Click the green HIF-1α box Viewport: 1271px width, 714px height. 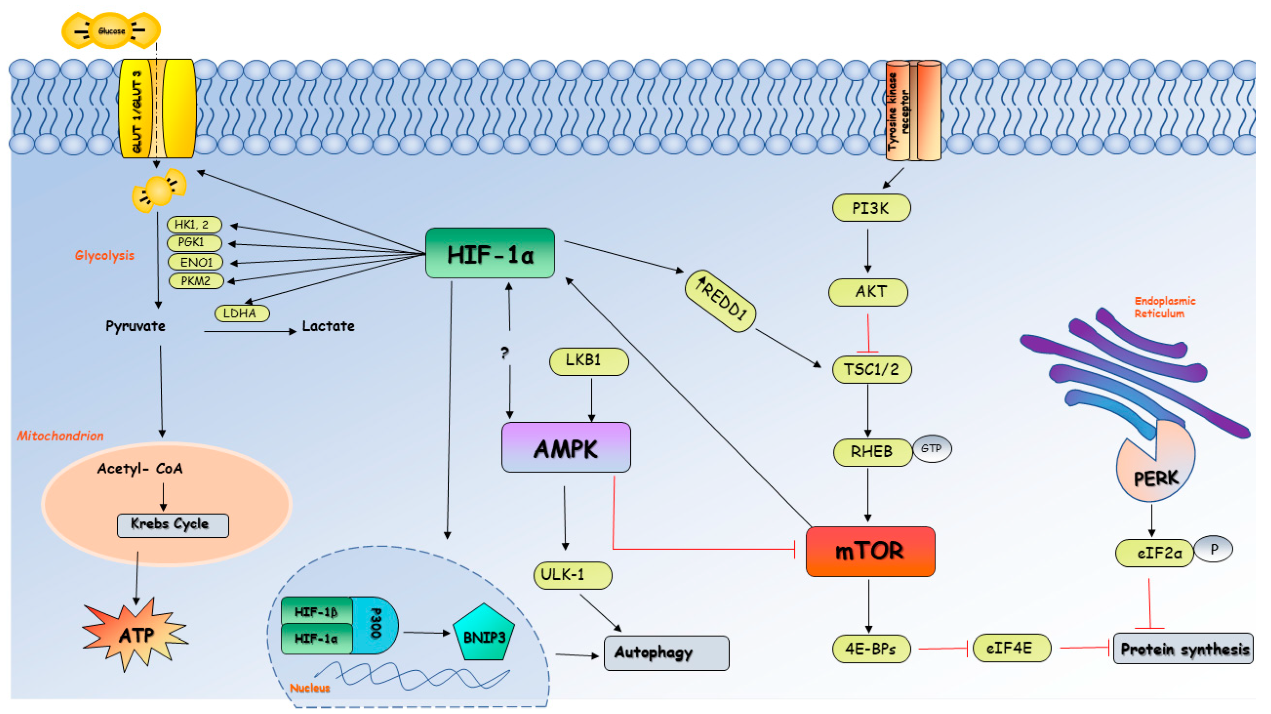point(490,253)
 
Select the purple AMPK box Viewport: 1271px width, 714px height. point(565,448)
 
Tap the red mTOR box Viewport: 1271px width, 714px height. point(870,551)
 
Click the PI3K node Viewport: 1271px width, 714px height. point(871,208)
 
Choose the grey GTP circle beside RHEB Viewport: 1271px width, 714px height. point(932,448)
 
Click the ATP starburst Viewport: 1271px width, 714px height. point(135,634)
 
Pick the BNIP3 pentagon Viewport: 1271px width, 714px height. point(484,634)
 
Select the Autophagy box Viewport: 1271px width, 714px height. point(666,653)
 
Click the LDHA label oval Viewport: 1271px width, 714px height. point(242,313)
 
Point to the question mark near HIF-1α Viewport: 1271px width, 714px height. point(504,352)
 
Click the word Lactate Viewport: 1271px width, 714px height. point(328,326)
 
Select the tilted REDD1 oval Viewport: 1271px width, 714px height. point(720,301)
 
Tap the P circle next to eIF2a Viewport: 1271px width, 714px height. point(1214,549)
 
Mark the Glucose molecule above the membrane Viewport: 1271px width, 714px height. point(111,30)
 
